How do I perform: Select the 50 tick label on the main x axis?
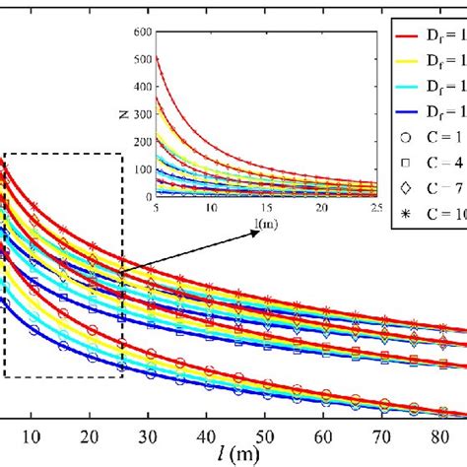tap(263, 436)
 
